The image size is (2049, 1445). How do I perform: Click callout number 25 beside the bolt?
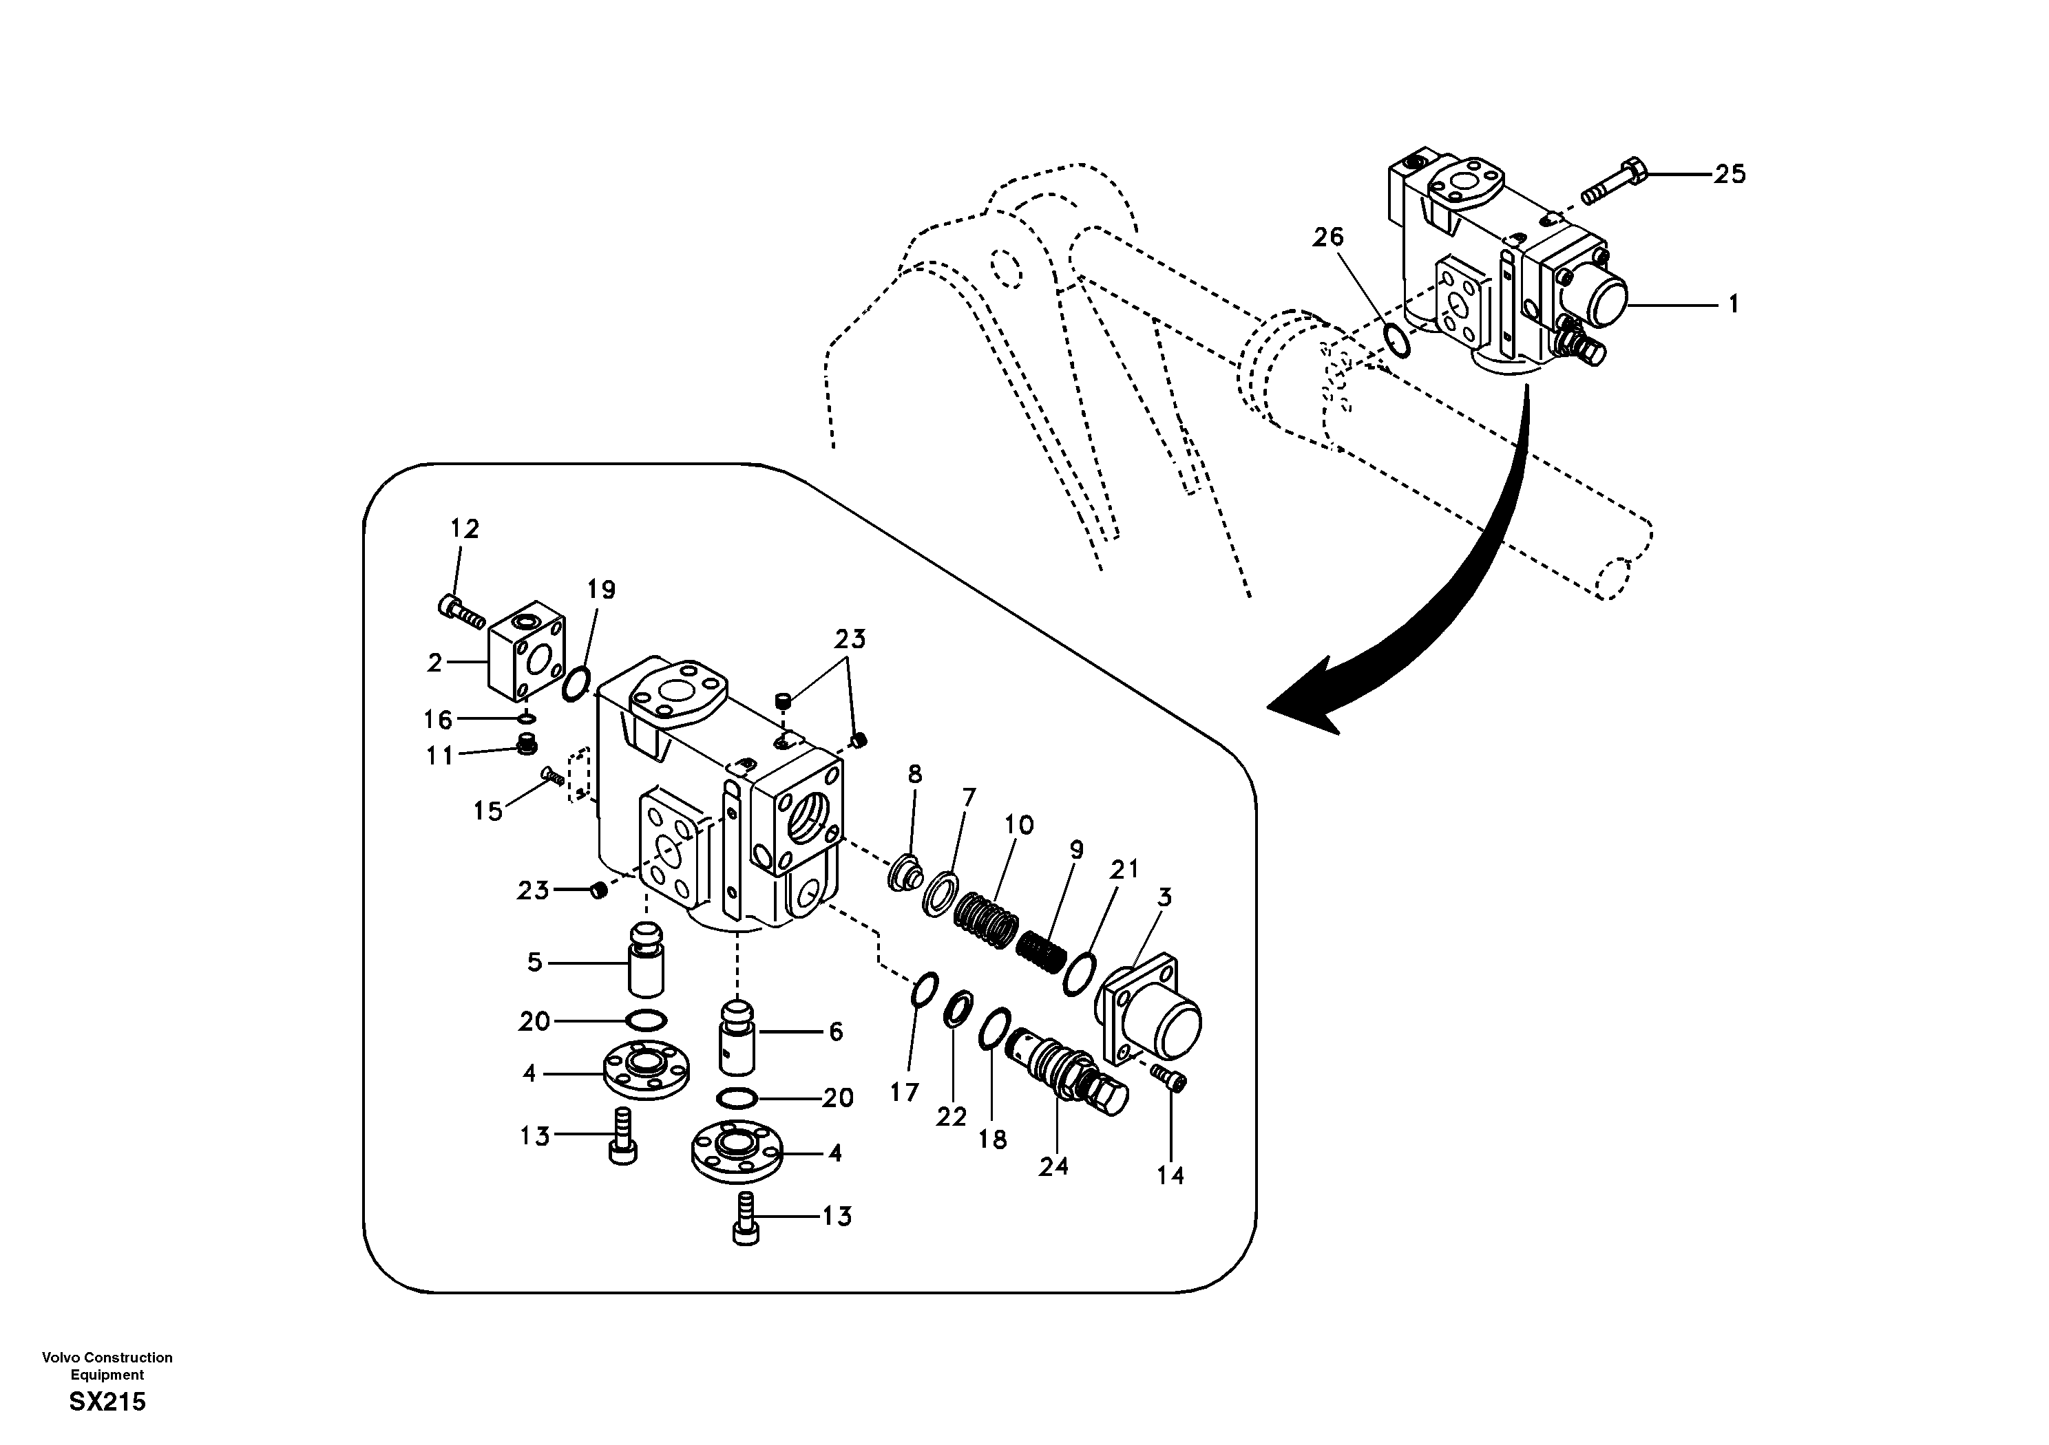point(1730,174)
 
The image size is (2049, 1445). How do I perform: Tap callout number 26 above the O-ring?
point(1328,237)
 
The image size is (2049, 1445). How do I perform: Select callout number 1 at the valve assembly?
point(1733,305)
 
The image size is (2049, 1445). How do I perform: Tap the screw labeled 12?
point(461,611)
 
